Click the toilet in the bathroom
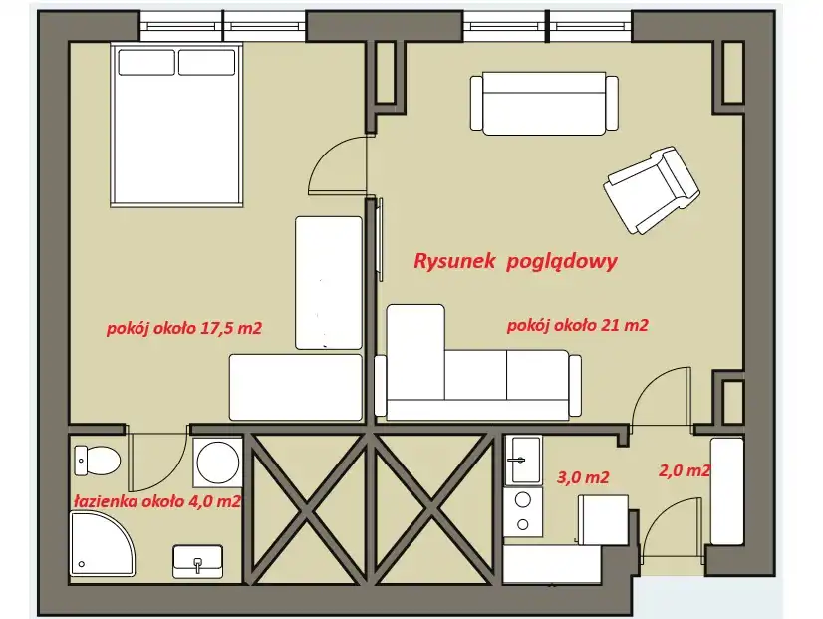point(97,461)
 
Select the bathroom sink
point(198,562)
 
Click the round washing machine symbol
point(218,463)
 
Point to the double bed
point(177,125)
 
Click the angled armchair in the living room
point(652,190)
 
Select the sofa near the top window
point(544,104)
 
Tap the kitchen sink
point(522,461)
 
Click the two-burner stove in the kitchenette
point(522,511)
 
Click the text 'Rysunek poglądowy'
point(515,261)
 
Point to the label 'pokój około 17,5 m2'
point(184,329)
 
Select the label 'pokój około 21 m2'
point(577,326)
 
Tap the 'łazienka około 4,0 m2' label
point(157,502)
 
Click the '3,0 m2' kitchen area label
point(583,477)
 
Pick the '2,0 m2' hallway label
point(685,470)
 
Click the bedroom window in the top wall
point(223,26)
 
